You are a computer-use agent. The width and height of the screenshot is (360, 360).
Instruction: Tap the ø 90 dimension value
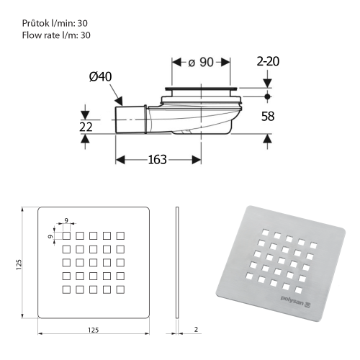coord(202,63)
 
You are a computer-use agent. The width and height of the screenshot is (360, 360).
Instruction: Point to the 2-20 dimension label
coord(267,61)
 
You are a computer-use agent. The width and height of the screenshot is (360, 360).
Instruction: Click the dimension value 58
coord(268,115)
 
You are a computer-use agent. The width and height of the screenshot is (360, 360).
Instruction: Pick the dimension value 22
coord(85,127)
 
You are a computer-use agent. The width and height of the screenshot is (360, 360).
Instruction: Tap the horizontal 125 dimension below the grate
coord(92,330)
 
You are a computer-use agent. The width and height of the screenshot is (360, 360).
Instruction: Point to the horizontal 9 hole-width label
coord(66,220)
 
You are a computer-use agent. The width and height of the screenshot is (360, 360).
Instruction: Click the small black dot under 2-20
coord(267,96)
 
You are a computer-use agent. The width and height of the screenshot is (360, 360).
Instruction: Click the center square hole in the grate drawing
coord(92,262)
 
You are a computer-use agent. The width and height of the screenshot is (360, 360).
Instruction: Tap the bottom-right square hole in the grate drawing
coord(120,289)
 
